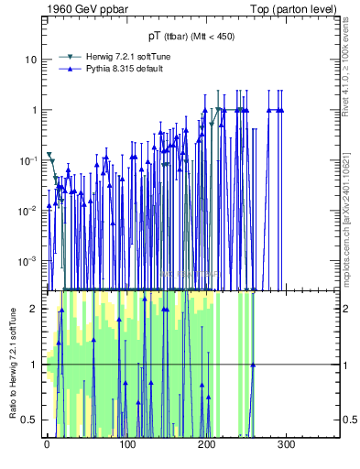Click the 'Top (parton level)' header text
point(297,9)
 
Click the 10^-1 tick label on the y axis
point(28,160)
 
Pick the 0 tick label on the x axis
point(47,444)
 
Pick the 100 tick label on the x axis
point(126,444)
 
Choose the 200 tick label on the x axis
point(206,444)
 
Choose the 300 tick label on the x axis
point(286,444)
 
